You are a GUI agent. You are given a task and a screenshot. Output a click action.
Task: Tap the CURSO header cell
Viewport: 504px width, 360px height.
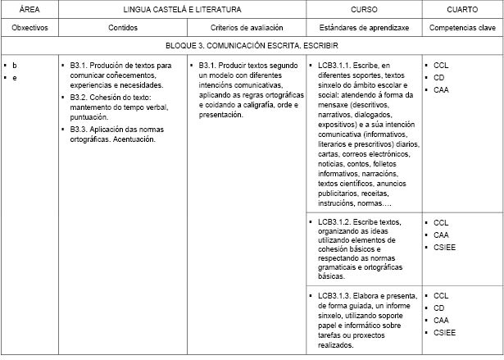tap(364, 9)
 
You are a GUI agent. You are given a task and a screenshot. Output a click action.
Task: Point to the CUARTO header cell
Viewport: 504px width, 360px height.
tap(463, 9)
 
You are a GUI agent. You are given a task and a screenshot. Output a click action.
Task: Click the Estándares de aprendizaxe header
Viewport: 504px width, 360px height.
tap(364, 27)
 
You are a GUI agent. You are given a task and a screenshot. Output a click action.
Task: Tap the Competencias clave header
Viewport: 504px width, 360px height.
tap(463, 27)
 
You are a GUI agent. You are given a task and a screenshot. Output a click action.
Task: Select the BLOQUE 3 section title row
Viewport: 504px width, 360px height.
tap(252, 46)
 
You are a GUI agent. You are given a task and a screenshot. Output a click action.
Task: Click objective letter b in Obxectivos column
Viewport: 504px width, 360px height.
tap(15, 65)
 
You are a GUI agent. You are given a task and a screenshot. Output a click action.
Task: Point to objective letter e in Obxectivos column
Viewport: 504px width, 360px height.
tap(15, 77)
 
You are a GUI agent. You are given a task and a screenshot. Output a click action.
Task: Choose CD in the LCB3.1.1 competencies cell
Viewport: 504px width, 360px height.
tap(440, 77)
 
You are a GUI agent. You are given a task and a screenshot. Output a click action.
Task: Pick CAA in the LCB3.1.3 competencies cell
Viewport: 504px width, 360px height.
tap(442, 320)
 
